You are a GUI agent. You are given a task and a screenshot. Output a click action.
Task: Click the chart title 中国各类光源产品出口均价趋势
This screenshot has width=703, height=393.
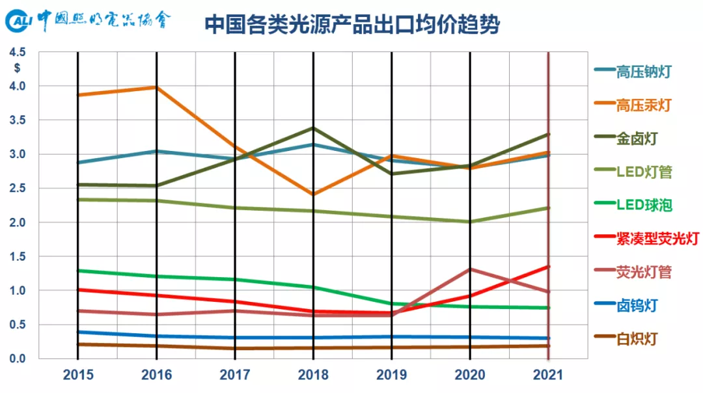[x=352, y=25]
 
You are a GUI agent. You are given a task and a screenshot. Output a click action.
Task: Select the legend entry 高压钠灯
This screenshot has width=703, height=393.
[x=644, y=72]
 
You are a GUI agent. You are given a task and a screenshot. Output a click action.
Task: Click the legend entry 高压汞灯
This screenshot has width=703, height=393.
[x=644, y=105]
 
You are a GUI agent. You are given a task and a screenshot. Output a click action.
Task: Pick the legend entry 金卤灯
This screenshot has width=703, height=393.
[x=637, y=139]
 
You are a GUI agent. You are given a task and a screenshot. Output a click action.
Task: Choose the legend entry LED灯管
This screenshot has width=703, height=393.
[x=644, y=172]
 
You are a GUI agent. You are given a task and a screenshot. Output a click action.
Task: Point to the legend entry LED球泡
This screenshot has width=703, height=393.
[x=644, y=206]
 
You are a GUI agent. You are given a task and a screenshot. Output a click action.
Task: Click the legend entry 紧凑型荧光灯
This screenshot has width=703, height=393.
[x=657, y=239]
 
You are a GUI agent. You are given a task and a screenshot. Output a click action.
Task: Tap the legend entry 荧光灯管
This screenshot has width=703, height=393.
[x=644, y=272]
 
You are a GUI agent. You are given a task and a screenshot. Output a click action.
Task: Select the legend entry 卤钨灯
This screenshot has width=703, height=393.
[x=637, y=305]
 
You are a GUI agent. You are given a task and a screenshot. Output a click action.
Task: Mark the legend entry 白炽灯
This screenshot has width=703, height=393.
[x=637, y=339]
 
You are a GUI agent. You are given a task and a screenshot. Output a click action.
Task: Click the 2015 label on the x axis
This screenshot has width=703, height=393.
[x=78, y=375]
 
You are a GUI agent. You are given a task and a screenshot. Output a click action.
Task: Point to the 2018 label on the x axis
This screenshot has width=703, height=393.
[x=313, y=375]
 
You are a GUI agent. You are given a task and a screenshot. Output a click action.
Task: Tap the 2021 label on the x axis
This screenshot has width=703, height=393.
[x=547, y=375]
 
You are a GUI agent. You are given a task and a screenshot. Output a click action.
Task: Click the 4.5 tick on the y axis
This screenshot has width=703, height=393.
[x=18, y=52]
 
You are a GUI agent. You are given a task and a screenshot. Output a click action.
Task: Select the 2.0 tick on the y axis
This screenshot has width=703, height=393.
[x=18, y=223]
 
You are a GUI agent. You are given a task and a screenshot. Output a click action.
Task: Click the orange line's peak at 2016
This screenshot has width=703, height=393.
[x=156, y=87]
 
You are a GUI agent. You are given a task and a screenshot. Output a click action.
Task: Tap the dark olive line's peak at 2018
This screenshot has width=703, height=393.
[x=313, y=128]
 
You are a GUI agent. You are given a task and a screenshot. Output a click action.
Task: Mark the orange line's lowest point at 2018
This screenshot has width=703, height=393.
[x=313, y=194]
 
